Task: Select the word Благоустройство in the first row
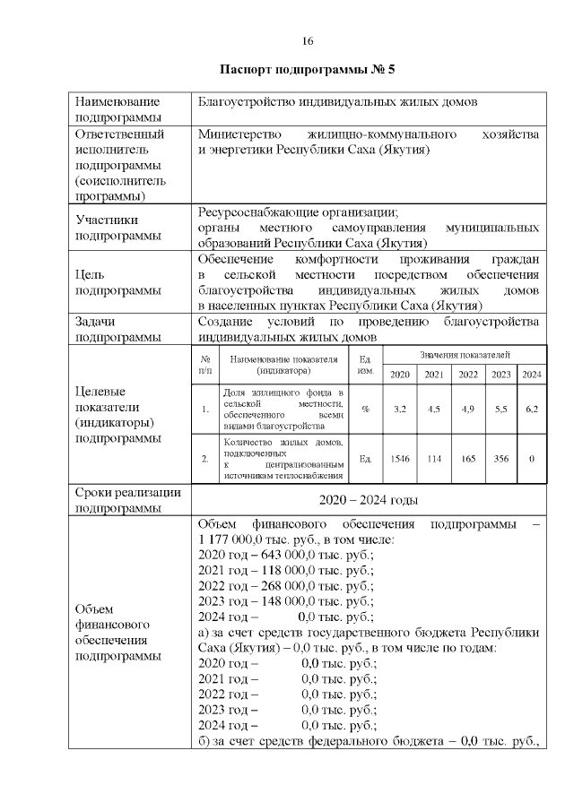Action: click(243, 102)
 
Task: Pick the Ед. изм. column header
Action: click(365, 365)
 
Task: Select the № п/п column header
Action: click(205, 365)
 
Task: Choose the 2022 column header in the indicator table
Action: click(468, 375)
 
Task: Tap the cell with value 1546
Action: click(400, 459)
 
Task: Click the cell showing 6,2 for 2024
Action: click(532, 409)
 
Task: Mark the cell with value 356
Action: click(500, 459)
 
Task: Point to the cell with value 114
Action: click(434, 459)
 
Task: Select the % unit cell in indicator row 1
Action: click(365, 409)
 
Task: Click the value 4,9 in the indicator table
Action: click(468, 409)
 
